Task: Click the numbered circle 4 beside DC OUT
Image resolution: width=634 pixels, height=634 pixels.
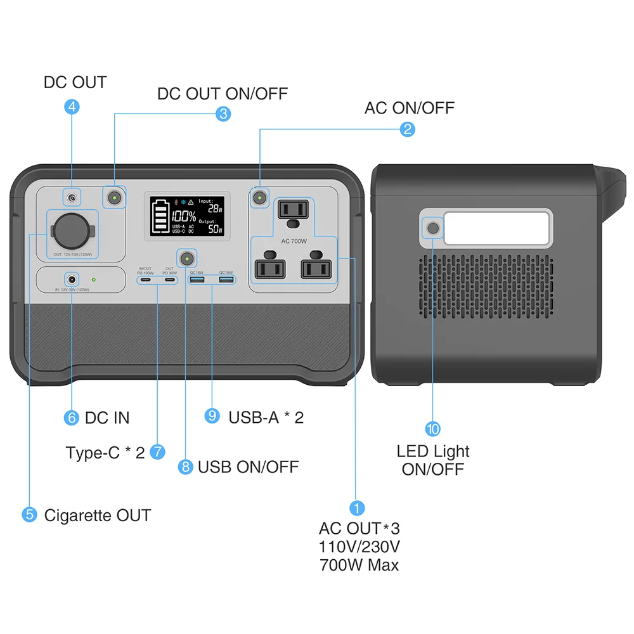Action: coord(72,107)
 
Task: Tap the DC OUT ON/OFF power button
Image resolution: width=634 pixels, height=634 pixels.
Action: coord(115,198)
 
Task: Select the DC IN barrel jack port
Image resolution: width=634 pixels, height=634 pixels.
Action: coord(72,279)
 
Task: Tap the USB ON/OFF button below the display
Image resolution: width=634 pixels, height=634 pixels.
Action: coord(186,259)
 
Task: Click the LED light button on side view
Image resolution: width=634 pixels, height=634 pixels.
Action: coord(433,228)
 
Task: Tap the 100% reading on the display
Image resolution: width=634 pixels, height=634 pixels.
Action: coord(183,216)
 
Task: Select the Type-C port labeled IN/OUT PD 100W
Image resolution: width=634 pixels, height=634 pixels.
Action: coord(146,280)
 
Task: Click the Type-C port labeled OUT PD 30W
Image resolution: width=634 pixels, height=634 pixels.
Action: coord(169,280)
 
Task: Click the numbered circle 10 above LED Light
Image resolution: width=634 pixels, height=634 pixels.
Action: coord(433,429)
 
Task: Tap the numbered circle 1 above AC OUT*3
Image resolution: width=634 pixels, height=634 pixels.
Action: coord(357,508)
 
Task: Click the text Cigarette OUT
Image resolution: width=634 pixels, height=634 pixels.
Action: coord(97,515)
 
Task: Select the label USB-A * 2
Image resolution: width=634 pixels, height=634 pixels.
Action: coord(266,417)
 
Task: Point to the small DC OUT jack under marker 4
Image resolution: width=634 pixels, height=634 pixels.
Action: coord(72,198)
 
